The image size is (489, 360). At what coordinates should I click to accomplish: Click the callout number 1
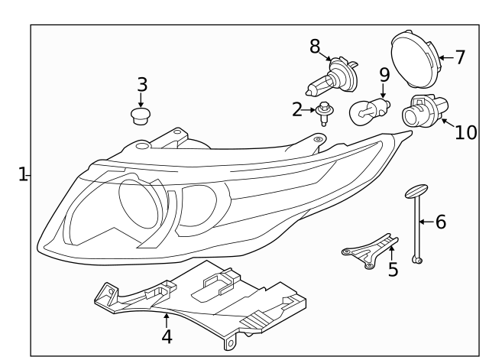coord(23,174)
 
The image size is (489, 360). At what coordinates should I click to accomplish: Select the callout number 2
coord(296,110)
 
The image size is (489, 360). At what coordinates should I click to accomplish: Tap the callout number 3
coord(141,84)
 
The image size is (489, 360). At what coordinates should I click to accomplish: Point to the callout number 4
coord(166,336)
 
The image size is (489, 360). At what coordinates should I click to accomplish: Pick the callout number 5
coord(393,270)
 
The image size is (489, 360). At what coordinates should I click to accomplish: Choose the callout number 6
coord(440,222)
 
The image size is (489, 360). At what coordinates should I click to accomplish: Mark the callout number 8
coord(315,46)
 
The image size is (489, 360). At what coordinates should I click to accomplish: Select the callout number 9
coord(384,75)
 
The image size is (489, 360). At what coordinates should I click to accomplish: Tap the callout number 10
coord(465,132)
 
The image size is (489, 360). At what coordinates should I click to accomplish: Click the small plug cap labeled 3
coord(140,116)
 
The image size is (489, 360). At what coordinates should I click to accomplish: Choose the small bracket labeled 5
coord(368,252)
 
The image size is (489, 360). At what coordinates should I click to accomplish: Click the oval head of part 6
coord(416,190)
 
